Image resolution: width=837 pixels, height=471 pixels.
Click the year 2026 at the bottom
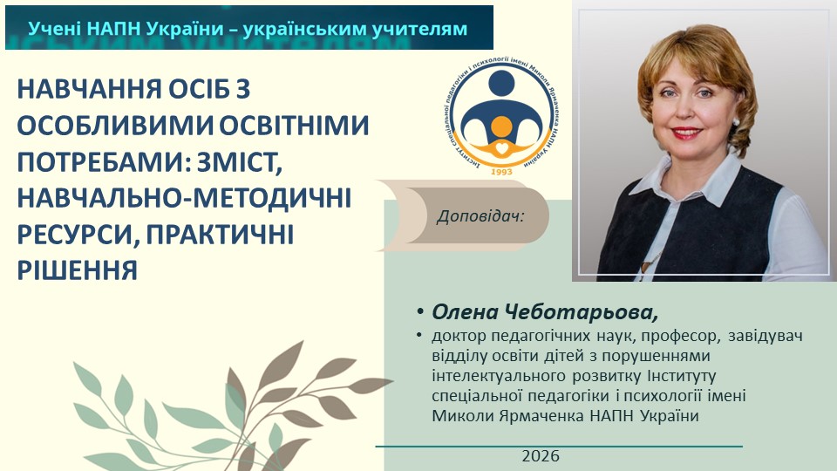541,456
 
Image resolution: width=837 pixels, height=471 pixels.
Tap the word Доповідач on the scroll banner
480,216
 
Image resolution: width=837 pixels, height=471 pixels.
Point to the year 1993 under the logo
501,172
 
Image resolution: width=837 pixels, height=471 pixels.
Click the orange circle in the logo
501,126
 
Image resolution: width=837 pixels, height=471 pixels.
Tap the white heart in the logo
501,148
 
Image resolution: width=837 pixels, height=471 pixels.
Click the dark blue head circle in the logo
501,84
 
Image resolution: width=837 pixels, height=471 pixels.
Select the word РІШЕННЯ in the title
78,270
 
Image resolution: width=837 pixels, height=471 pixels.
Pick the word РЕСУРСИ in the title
78,234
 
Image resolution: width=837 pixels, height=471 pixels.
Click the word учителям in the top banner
421,29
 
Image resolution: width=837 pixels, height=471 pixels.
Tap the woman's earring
736,121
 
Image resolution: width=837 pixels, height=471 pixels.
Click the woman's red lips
685,132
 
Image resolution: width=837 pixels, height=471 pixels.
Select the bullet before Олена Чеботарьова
420,312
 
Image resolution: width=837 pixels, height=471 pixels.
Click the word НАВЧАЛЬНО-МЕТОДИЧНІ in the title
184,198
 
